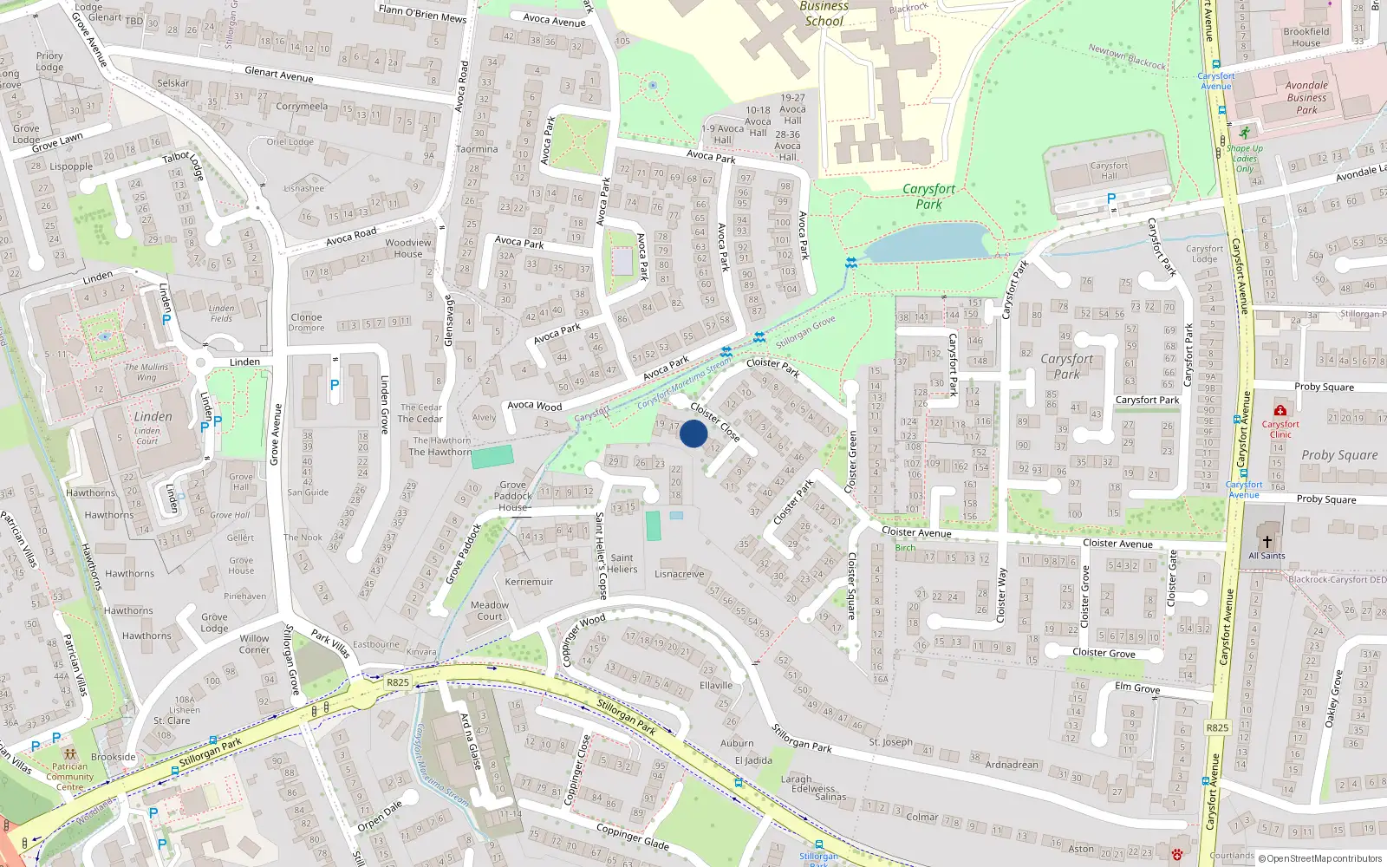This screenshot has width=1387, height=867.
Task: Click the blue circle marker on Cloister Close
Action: coord(693,433)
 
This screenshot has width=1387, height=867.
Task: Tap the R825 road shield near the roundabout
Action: coord(398,682)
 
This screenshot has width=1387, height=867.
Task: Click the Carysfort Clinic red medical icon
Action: coord(1280,410)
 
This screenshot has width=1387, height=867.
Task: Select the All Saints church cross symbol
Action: coord(1267,541)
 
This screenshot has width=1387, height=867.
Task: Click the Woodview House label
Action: coord(408,248)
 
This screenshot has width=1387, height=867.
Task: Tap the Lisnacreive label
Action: coord(680,574)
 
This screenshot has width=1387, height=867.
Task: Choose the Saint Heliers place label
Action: coord(622,564)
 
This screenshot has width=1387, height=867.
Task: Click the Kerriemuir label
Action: coord(529,582)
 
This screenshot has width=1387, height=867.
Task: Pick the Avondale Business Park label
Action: coord(1306,97)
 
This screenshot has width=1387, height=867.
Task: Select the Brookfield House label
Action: coord(1306,37)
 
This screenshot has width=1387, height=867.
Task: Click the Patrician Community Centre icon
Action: coord(69,753)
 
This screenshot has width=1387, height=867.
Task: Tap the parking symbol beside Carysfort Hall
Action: coord(1111,199)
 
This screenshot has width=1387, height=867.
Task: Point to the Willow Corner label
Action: coord(254,644)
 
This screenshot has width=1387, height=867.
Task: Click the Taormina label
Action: coord(477,149)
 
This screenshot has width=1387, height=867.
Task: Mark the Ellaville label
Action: coord(716,685)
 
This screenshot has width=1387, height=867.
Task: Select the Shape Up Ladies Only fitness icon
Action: coord(1245,133)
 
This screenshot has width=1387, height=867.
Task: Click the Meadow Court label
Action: coord(490,610)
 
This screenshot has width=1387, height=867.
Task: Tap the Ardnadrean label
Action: coord(1012,765)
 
